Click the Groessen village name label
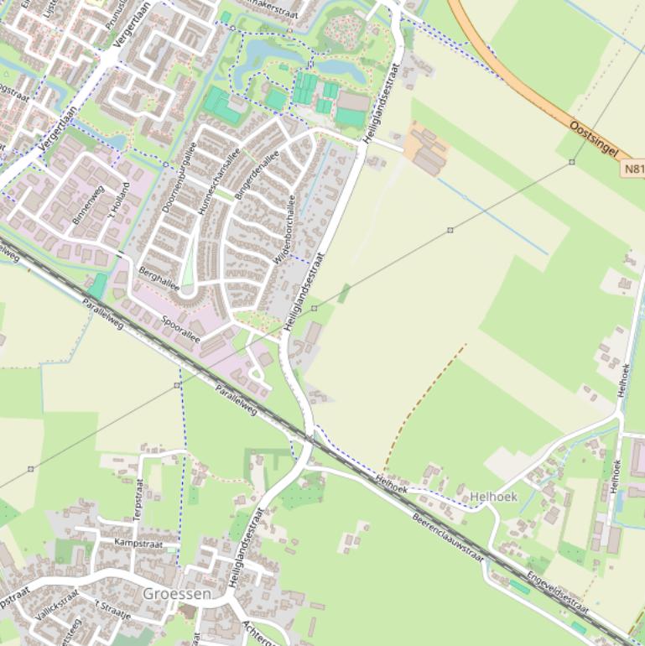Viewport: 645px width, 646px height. coord(176,593)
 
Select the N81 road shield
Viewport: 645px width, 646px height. coord(634,169)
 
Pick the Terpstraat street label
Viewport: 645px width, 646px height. coord(139,500)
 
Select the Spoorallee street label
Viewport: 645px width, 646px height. coord(180,328)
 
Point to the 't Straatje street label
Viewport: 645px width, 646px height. coord(112,609)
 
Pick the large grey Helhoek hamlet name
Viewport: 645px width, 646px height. coord(494,497)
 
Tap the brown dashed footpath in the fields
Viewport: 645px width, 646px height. coord(424,407)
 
